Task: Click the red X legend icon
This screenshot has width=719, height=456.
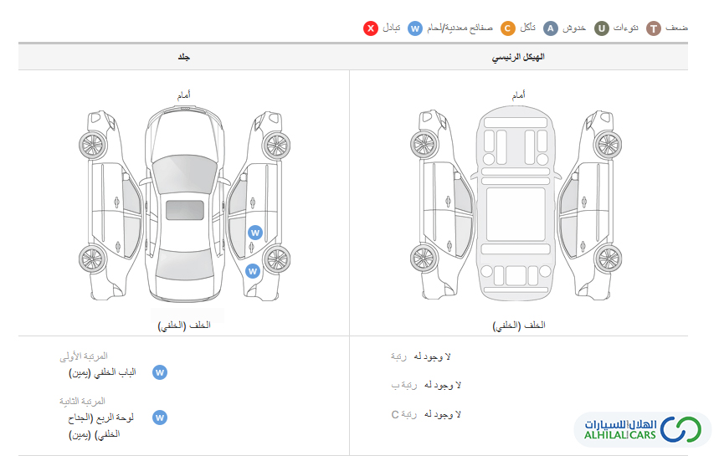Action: [x=371, y=28]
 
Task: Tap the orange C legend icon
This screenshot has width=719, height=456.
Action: [x=507, y=28]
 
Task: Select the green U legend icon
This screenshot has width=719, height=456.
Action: [x=602, y=28]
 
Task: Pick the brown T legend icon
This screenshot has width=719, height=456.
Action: [x=654, y=28]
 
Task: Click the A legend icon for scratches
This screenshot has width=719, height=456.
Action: [x=550, y=28]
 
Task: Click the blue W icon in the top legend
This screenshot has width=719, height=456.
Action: [x=415, y=28]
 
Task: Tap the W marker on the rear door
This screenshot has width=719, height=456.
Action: [x=255, y=233]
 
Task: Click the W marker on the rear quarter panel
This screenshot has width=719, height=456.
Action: [x=252, y=271]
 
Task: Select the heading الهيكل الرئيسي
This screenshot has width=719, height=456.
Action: [x=518, y=57]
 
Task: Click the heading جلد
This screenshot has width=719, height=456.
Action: [x=184, y=57]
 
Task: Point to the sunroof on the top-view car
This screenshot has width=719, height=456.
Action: [x=185, y=210]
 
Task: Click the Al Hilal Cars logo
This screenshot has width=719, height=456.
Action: [x=643, y=429]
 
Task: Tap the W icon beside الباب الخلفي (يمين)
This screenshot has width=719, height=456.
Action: [x=160, y=372]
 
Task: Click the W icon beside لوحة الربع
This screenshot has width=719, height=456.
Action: [x=160, y=418]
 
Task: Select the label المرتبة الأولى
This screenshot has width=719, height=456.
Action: [x=84, y=356]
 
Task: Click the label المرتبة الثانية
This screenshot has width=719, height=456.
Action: [x=82, y=401]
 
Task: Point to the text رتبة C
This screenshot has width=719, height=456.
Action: [x=404, y=414]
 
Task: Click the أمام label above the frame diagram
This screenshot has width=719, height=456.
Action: [x=519, y=95]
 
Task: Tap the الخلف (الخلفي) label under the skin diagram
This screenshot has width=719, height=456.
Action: [x=184, y=325]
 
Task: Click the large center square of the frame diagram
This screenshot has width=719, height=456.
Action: [x=516, y=214]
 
